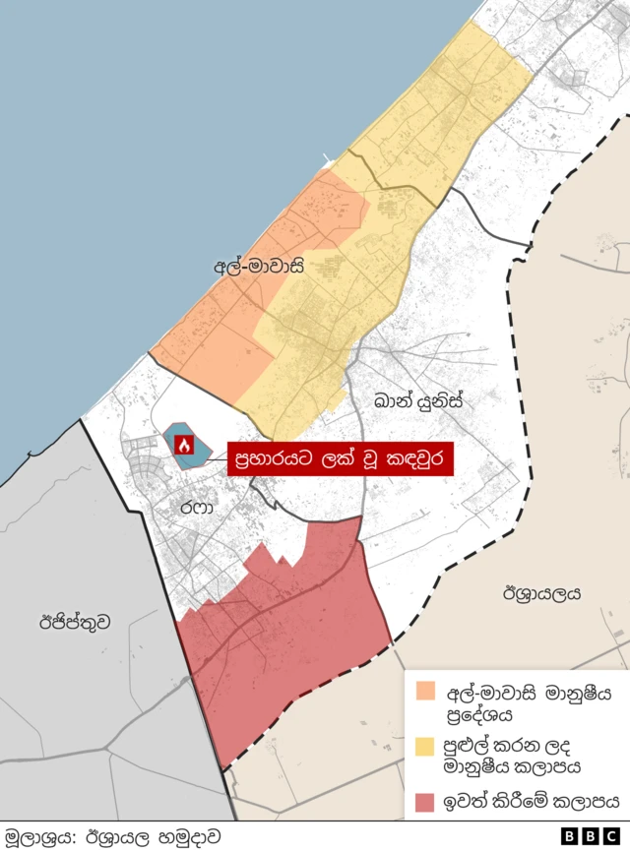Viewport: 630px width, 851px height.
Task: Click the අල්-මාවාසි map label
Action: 257,266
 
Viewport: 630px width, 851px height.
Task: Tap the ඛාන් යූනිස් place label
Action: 417,401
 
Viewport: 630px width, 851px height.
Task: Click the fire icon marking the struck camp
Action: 183,445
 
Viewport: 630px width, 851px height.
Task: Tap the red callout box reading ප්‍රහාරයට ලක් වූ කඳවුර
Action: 340,458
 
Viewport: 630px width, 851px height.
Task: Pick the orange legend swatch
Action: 425,689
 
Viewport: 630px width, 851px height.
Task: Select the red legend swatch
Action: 425,803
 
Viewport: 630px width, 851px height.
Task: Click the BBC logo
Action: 592,836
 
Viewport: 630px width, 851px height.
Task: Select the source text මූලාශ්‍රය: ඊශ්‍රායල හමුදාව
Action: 112,836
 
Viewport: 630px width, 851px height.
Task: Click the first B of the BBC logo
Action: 571,836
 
